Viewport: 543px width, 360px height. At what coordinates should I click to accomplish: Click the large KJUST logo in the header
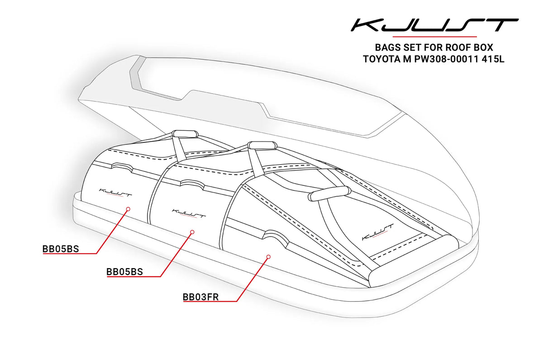point(434,25)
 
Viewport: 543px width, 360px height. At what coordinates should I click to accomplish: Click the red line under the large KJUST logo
point(434,37)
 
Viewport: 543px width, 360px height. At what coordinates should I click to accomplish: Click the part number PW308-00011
point(446,59)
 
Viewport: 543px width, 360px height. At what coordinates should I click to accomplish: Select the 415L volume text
point(493,59)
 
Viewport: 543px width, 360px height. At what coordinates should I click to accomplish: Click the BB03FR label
point(201,297)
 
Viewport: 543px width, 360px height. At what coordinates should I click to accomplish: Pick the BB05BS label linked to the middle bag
point(124,272)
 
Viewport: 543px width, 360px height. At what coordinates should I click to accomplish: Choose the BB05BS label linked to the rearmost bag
point(61,249)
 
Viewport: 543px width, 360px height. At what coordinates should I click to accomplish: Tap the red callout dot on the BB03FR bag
point(268,257)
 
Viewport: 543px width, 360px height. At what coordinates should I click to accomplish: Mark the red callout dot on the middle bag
point(192,232)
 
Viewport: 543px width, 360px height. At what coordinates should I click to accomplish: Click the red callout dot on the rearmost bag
point(129,209)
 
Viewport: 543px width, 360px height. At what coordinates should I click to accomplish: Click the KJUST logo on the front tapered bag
point(377,232)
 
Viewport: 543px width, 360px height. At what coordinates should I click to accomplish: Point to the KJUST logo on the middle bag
point(189,213)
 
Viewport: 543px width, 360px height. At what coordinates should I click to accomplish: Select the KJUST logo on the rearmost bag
point(115,193)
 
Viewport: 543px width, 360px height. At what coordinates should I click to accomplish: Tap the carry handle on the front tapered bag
point(329,194)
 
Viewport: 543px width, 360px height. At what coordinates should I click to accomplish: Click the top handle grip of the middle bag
point(262,146)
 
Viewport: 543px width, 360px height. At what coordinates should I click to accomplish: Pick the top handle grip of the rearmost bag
point(185,134)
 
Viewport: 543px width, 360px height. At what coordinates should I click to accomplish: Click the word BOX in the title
point(483,47)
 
